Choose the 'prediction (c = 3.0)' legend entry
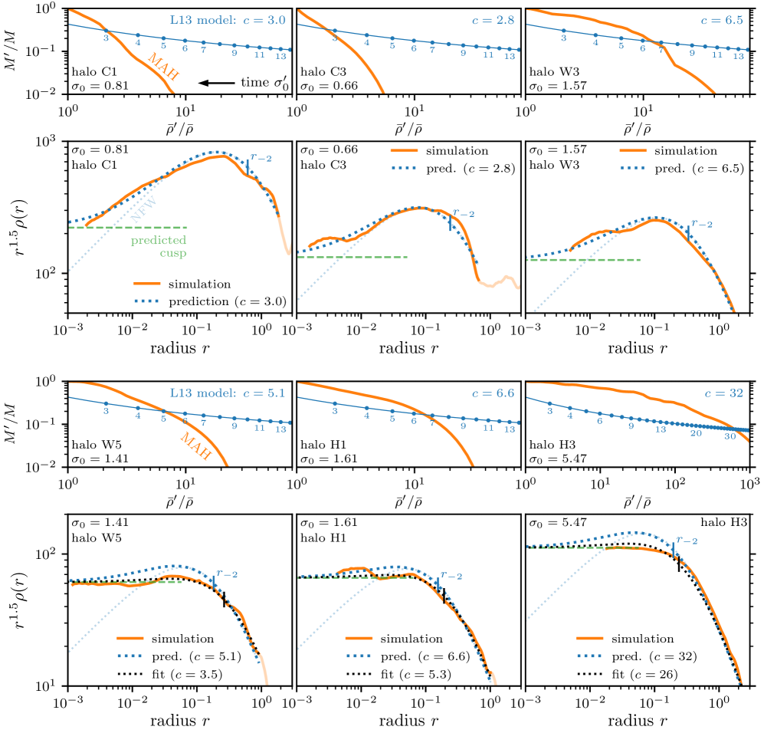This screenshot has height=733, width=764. [230, 301]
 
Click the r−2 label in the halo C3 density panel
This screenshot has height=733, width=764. [464, 214]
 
